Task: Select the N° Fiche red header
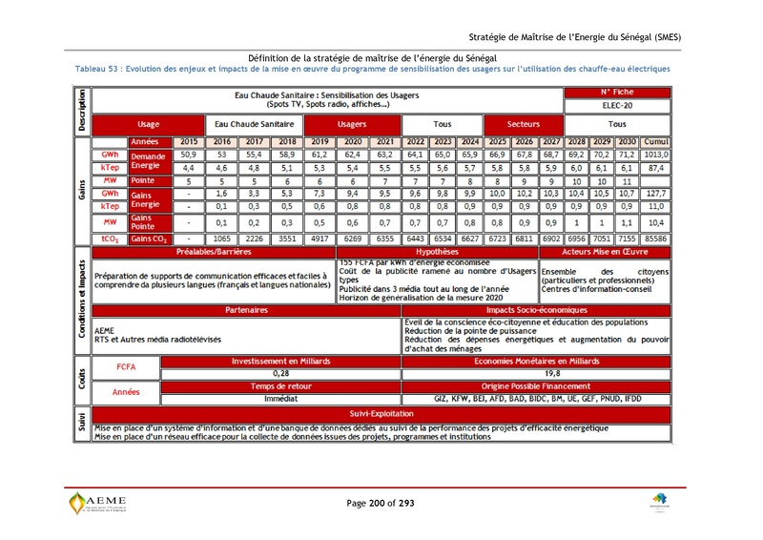pyautogui.click(x=617, y=93)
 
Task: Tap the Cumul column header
pyautogui.click(x=655, y=141)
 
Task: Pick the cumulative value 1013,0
pyautogui.click(x=655, y=154)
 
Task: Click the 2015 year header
pyautogui.click(x=189, y=141)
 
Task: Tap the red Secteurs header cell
pyautogui.click(x=523, y=124)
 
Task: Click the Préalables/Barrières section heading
pyautogui.click(x=214, y=252)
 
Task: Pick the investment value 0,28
pyautogui.click(x=280, y=373)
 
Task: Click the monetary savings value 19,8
pyautogui.click(x=552, y=373)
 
